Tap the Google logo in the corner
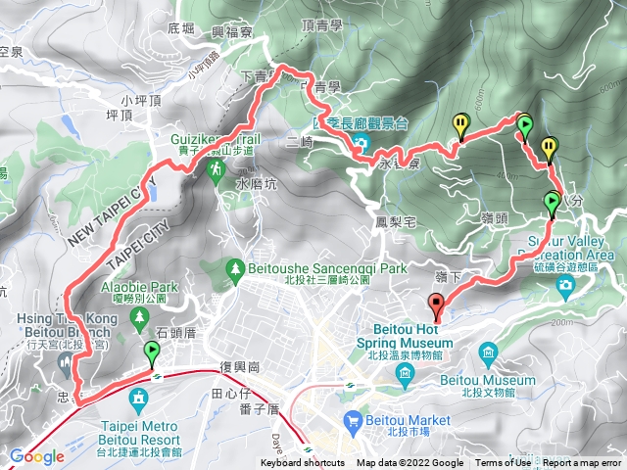[x=36, y=456]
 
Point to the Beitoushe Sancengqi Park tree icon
[x=234, y=267]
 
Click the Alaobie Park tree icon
[x=139, y=316]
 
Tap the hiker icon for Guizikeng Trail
[x=215, y=169]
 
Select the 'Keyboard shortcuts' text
[x=303, y=463]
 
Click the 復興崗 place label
[x=239, y=367]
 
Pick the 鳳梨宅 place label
[x=397, y=222]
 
